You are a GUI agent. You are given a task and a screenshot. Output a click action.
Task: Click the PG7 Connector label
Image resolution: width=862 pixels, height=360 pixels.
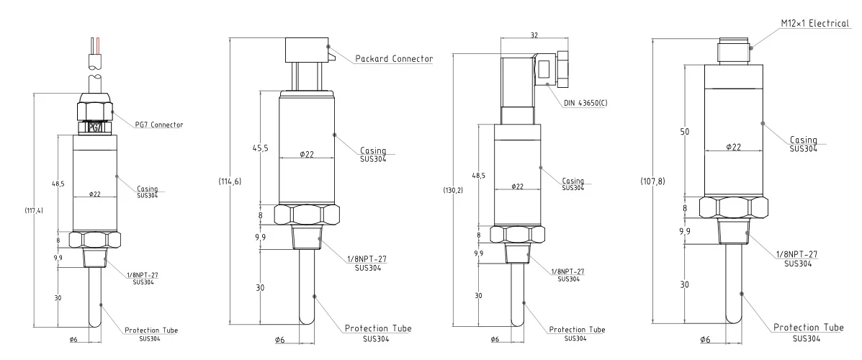(159, 125)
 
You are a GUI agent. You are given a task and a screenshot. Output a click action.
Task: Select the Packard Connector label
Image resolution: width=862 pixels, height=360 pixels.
(394, 58)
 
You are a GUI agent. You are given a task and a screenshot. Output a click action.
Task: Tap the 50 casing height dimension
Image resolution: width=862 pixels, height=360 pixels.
(686, 131)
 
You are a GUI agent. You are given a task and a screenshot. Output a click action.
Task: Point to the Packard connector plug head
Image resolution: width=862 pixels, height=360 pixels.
(307, 50)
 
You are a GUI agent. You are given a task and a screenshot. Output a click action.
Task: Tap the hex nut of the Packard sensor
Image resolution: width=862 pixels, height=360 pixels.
(308, 214)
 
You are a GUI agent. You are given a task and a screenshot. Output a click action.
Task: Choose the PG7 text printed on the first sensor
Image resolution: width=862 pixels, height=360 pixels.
(95, 127)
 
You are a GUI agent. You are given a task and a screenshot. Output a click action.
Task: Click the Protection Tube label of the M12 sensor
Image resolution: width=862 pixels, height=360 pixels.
(808, 328)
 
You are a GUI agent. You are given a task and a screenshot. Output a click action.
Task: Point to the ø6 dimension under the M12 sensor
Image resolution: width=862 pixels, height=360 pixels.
(705, 339)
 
